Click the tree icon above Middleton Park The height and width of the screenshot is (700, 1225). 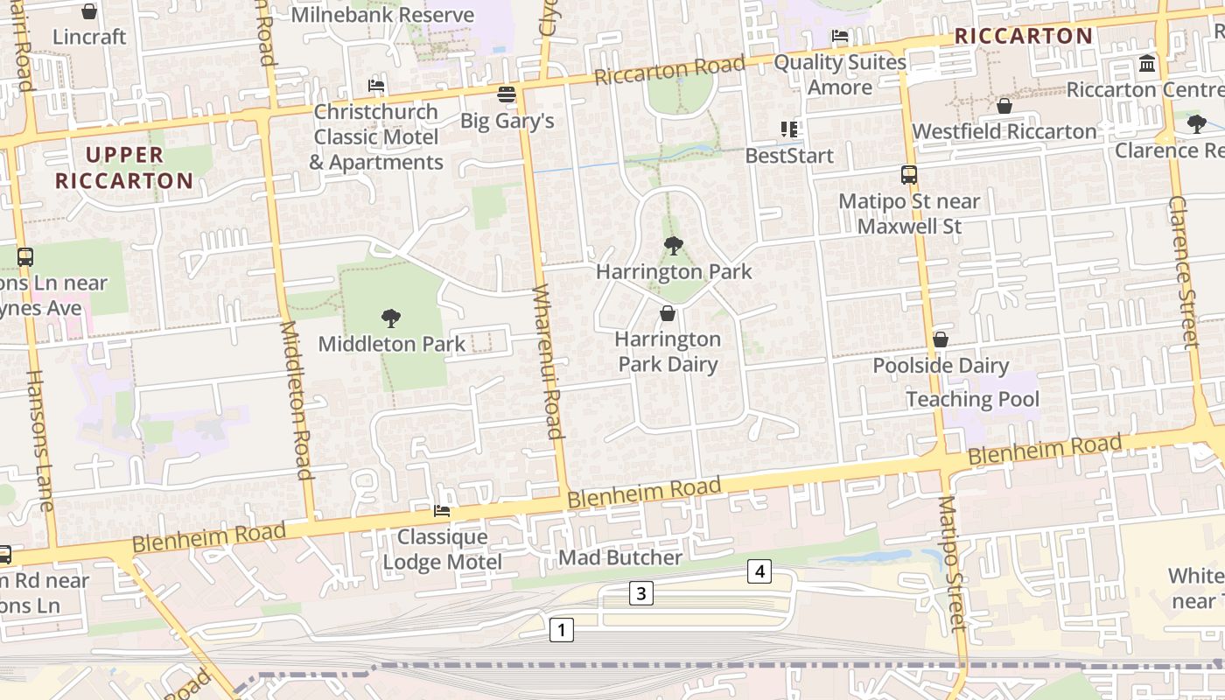coord(391,318)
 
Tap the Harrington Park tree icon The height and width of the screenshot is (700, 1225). coord(673,246)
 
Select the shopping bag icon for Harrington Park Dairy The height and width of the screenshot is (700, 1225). coord(668,313)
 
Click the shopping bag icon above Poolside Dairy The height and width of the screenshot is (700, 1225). coord(941,339)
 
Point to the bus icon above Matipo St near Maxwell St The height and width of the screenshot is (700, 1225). coord(909,175)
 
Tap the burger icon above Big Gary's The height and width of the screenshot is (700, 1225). coord(506,94)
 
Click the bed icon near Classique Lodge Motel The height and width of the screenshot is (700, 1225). coord(442,511)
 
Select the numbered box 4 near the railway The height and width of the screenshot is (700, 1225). coord(759,572)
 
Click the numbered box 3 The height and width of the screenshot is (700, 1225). coord(640,594)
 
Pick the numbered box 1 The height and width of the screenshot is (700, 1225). coord(561,629)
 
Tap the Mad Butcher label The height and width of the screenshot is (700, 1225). coord(620,557)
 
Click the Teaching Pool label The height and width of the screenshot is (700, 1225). coord(972,400)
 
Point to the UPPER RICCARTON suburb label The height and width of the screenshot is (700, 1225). coord(124,168)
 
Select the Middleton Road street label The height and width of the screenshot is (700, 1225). coord(294,401)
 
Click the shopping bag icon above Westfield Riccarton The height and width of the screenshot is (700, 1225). coord(1004,106)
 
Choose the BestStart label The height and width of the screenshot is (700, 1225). coord(789,156)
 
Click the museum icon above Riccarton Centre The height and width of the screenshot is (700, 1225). coord(1147,64)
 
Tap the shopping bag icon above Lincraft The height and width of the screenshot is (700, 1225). coord(88,11)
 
